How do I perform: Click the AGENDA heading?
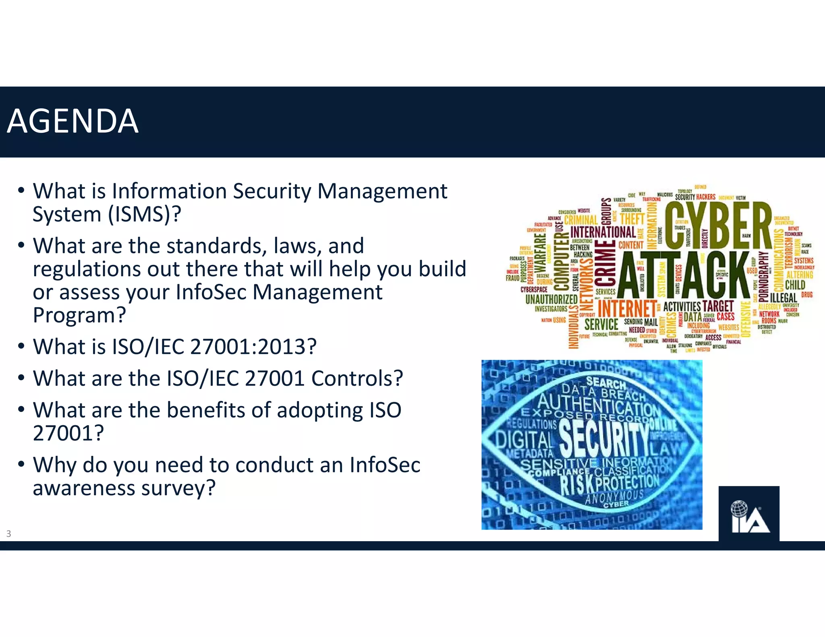point(73,121)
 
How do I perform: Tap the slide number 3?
point(8,534)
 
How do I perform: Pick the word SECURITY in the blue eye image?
point(604,439)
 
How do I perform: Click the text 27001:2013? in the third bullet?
point(253,347)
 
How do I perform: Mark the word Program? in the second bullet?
point(79,315)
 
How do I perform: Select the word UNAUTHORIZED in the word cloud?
point(551,299)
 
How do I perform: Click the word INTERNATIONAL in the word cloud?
point(603,232)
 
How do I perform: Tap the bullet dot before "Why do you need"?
point(21,464)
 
